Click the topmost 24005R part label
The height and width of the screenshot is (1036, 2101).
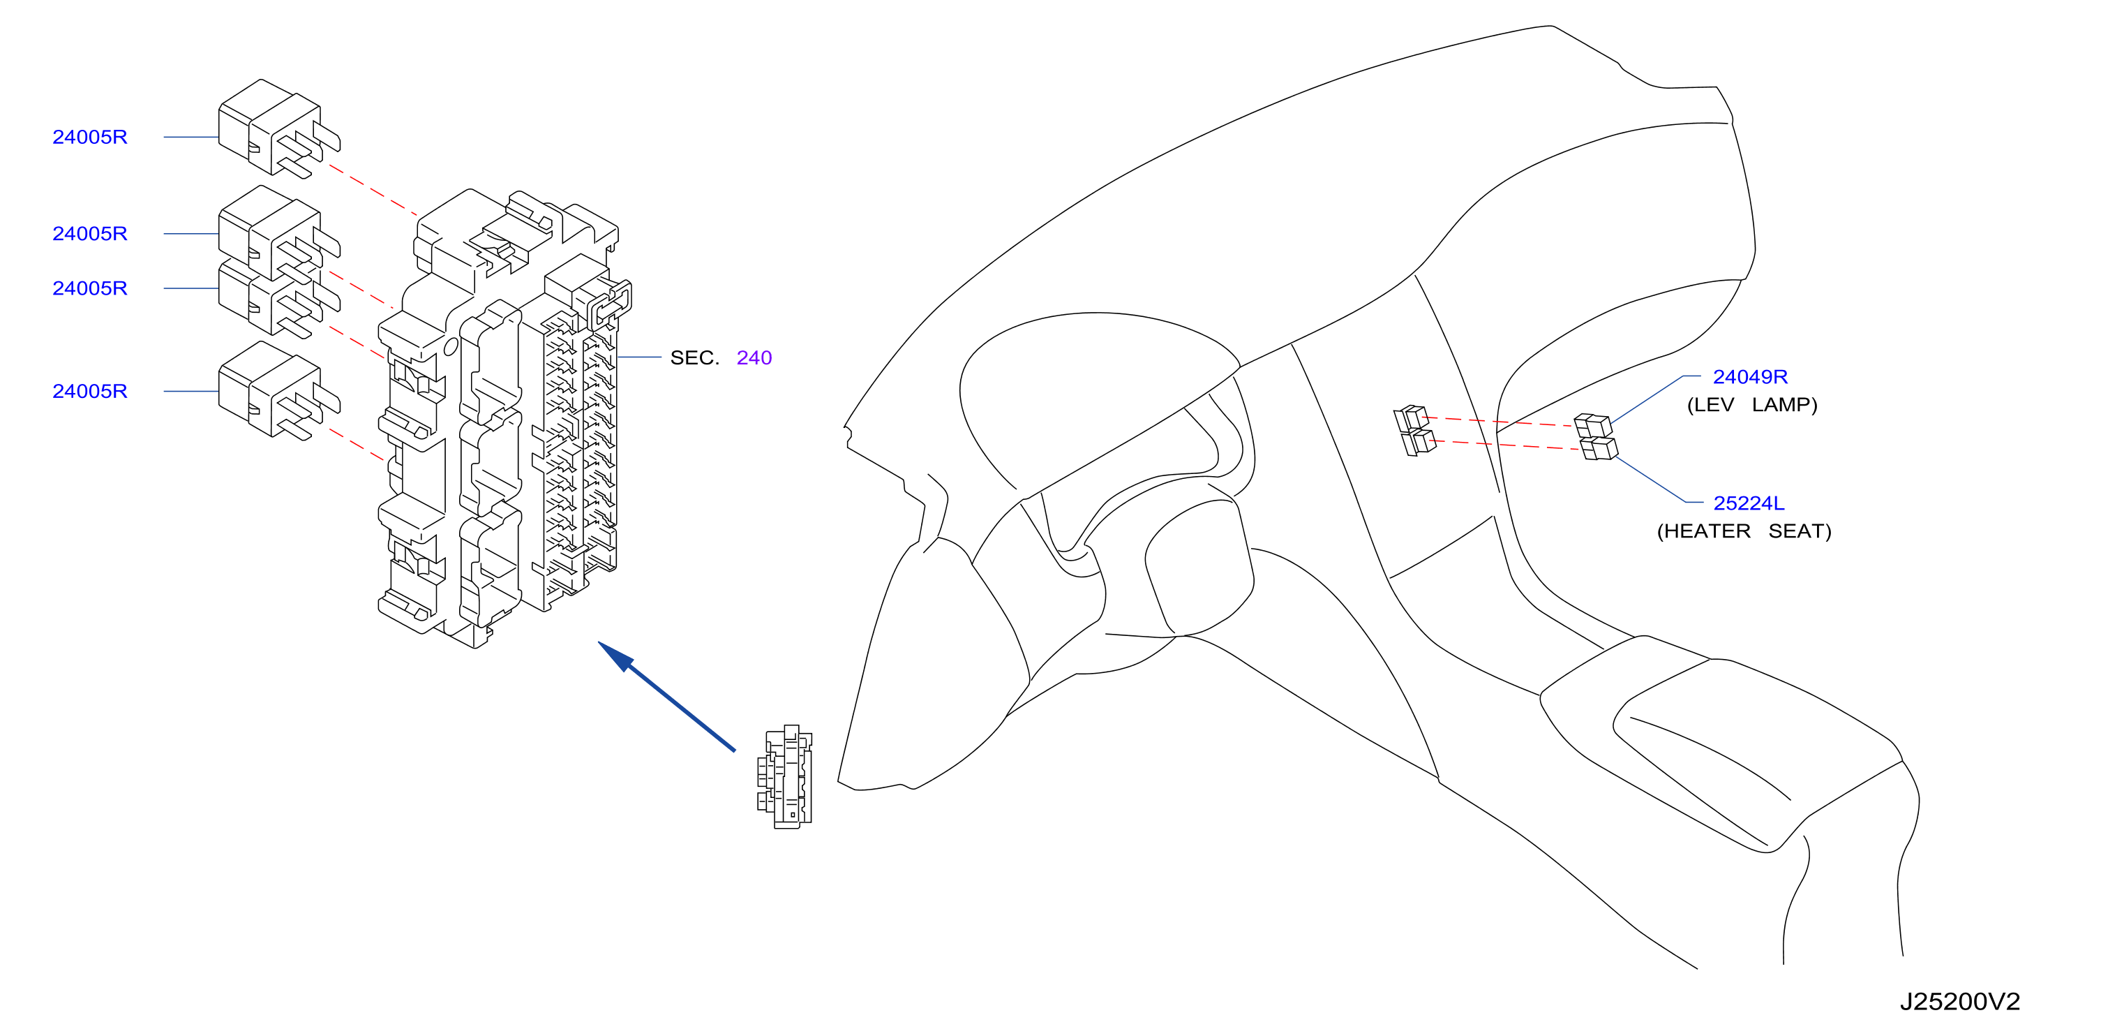click(x=90, y=137)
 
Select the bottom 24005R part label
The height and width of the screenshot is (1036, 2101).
click(x=90, y=392)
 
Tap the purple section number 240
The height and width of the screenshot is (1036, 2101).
click(x=754, y=358)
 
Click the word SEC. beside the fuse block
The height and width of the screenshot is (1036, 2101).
click(x=694, y=358)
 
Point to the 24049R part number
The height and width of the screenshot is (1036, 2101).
click(x=1749, y=377)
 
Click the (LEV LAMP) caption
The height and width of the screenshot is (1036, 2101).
click(x=1752, y=406)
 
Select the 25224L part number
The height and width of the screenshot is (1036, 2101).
click(x=1749, y=503)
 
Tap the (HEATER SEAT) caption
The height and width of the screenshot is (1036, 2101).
click(x=1744, y=532)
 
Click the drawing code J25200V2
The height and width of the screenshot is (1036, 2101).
click(x=1960, y=1002)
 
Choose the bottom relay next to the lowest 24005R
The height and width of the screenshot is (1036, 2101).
click(x=279, y=391)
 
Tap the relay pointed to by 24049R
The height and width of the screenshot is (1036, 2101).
click(x=1593, y=425)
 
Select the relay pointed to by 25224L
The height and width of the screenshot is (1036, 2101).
click(x=1599, y=449)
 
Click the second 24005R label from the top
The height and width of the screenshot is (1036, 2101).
click(x=90, y=234)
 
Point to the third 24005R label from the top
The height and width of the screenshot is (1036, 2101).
click(x=90, y=289)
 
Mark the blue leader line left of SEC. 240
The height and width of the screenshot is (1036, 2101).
click(x=638, y=357)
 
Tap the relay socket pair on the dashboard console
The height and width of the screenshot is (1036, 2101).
click(x=1414, y=430)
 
